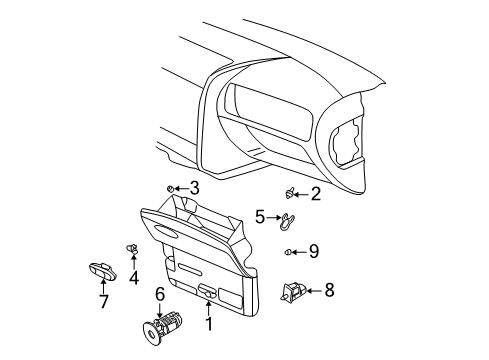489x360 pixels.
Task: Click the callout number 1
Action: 208,325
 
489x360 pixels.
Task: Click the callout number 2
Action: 316,194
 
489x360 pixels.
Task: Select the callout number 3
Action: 195,187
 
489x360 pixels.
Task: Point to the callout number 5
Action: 259,216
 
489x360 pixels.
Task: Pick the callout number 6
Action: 159,293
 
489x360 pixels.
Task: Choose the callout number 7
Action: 103,301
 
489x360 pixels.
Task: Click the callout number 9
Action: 313,251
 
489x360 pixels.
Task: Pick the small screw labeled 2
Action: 289,193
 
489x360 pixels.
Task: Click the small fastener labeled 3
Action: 171,187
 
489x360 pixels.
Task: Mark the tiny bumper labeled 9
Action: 289,251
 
